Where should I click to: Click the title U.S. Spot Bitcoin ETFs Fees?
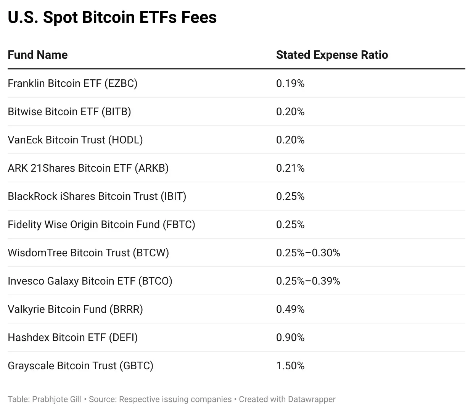112,18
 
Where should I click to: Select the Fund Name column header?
38,55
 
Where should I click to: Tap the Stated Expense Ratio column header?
332,55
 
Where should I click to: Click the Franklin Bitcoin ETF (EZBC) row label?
72,83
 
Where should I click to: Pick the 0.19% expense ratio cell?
290,83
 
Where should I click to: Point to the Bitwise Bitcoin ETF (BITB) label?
69,111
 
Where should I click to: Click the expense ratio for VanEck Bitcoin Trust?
290,140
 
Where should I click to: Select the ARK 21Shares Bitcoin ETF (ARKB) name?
88,168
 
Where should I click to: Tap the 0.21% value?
290,168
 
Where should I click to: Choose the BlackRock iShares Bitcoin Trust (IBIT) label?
97,196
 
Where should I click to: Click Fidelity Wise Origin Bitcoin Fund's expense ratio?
290,224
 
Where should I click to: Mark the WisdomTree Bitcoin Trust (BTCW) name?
88,253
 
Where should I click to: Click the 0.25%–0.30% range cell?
308,253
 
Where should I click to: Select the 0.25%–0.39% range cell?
308,281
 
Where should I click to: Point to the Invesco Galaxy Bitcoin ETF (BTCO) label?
90,281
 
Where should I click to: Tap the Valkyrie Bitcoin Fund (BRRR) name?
75,309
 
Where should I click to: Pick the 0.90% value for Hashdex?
290,337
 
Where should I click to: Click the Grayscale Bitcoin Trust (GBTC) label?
80,365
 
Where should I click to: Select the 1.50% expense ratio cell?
290,365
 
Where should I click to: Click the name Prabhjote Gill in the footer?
57,399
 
